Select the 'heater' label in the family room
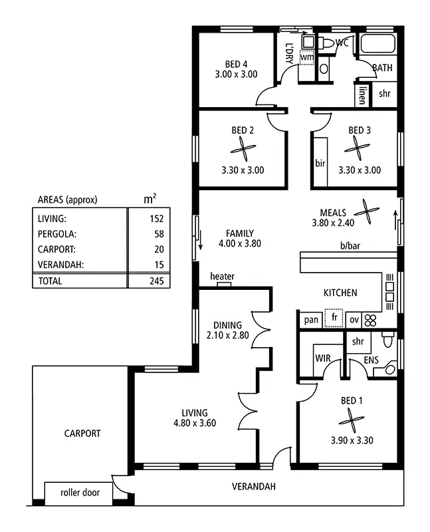[x=222, y=276]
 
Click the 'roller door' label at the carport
[x=80, y=493]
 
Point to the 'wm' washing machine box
[x=306, y=58]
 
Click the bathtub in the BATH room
[x=377, y=45]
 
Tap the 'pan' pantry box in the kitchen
[x=311, y=320]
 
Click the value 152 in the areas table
[x=157, y=218]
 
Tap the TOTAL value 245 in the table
[x=157, y=281]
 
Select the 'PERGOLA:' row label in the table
[x=57, y=234]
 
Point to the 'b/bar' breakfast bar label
[x=350, y=247]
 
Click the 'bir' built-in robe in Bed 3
[x=320, y=163]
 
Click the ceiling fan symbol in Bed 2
[x=243, y=150]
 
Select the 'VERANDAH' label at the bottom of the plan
[x=253, y=487]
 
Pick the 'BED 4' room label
[x=236, y=64]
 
